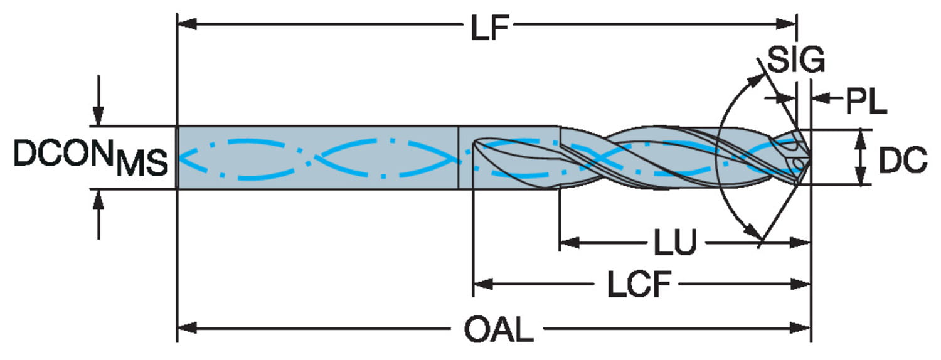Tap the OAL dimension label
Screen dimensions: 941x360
tap(499, 330)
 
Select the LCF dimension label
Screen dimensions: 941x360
tap(639, 285)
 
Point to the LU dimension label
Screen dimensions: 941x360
tap(675, 242)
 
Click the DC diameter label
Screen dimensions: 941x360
tap(903, 160)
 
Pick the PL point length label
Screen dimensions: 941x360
tap(866, 101)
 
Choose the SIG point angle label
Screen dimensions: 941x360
tap(795, 60)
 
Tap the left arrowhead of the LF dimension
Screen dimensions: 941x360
tap(188, 24)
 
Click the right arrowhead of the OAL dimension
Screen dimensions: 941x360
tap(800, 327)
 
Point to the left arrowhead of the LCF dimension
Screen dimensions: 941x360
tap(483, 284)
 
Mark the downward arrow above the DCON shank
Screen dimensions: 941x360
tap(98, 100)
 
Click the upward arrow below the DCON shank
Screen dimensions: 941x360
tap(98, 214)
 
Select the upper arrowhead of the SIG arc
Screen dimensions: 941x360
tap(755, 80)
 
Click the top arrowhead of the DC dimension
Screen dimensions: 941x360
tap(861, 139)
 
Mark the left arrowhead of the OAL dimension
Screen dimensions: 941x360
tap(188, 327)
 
